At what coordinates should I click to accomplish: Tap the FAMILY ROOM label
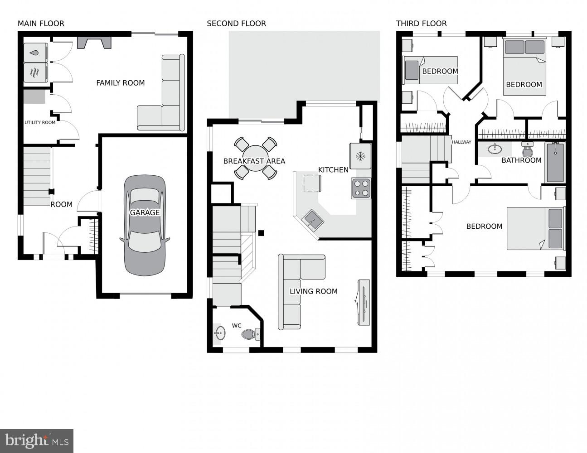tap(120, 83)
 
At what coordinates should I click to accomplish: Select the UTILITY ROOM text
tap(40, 122)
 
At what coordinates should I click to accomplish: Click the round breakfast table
tap(256, 158)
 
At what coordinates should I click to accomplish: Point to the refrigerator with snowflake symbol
tap(360, 156)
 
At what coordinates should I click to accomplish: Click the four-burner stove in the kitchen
tap(361, 188)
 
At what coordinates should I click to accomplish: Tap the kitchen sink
tap(313, 220)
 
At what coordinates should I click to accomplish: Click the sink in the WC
tap(219, 333)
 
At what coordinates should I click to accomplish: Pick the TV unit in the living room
tap(363, 302)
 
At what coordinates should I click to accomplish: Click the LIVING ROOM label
tap(313, 291)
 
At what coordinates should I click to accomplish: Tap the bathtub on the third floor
tap(555, 162)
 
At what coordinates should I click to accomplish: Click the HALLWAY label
tap(461, 142)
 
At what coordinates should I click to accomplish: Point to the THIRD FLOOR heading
tap(421, 24)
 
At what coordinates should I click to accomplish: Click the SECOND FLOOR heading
tap(236, 24)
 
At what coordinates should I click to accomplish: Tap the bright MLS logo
tap(37, 440)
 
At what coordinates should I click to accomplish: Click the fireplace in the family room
tap(94, 43)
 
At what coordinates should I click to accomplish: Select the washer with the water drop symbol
tap(35, 53)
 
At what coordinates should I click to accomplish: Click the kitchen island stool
tap(312, 183)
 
